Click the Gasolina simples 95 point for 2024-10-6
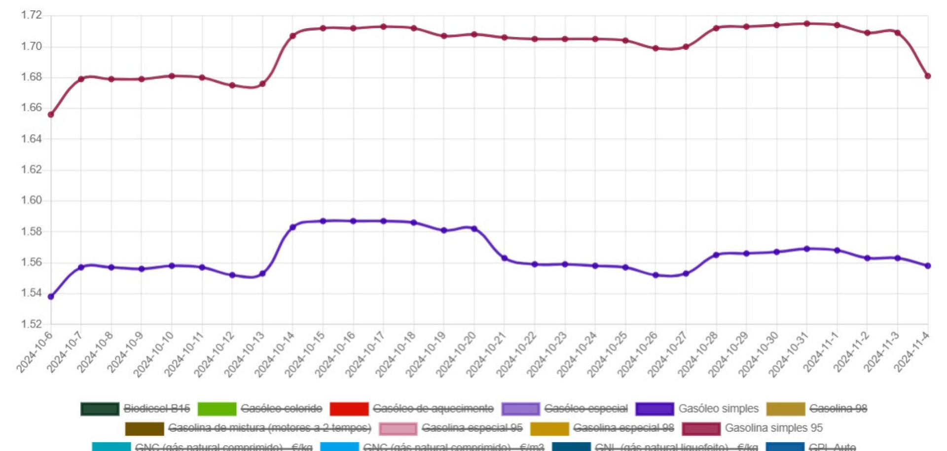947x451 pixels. click(x=51, y=114)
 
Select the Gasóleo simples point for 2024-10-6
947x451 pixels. click(x=51, y=297)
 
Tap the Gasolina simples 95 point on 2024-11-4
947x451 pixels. click(x=928, y=76)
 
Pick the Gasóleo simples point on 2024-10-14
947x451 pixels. click(x=293, y=227)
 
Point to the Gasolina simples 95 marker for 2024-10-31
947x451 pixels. click(x=807, y=24)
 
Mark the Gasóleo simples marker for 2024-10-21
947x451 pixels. click(x=505, y=258)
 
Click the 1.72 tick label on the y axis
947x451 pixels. click(x=32, y=15)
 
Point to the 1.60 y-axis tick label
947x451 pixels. click(x=32, y=200)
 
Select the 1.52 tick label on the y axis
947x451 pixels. click(x=32, y=324)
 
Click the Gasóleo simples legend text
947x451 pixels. click(x=718, y=409)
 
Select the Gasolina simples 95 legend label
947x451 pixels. click(x=773, y=428)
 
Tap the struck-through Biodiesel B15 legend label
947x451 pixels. click(x=156, y=409)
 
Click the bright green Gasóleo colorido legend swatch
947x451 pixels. click(x=217, y=409)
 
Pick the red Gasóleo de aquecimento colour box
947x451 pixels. click(x=349, y=409)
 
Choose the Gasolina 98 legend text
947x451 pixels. click(x=838, y=409)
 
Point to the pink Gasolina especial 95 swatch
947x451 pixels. click(x=398, y=428)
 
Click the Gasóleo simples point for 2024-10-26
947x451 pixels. click(x=656, y=275)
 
